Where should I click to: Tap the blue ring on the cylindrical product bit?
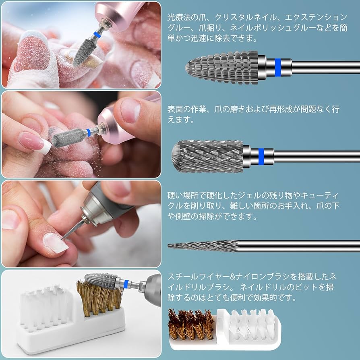tap(261, 156)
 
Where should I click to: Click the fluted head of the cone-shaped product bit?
tap(221, 66)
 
